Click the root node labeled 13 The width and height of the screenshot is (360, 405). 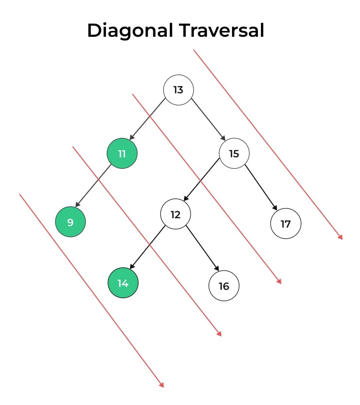click(178, 90)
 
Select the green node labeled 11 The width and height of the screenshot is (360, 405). click(122, 153)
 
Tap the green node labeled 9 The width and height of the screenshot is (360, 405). click(70, 222)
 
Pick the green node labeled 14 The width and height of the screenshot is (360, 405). click(123, 283)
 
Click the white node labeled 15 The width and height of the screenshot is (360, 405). click(234, 153)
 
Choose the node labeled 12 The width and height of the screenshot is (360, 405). click(175, 214)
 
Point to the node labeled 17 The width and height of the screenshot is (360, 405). click(285, 224)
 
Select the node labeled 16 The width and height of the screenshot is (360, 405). click(224, 286)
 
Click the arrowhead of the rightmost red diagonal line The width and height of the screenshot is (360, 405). click(340, 237)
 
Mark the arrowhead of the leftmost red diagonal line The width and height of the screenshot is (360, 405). click(161, 385)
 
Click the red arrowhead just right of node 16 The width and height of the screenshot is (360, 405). click(279, 281)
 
